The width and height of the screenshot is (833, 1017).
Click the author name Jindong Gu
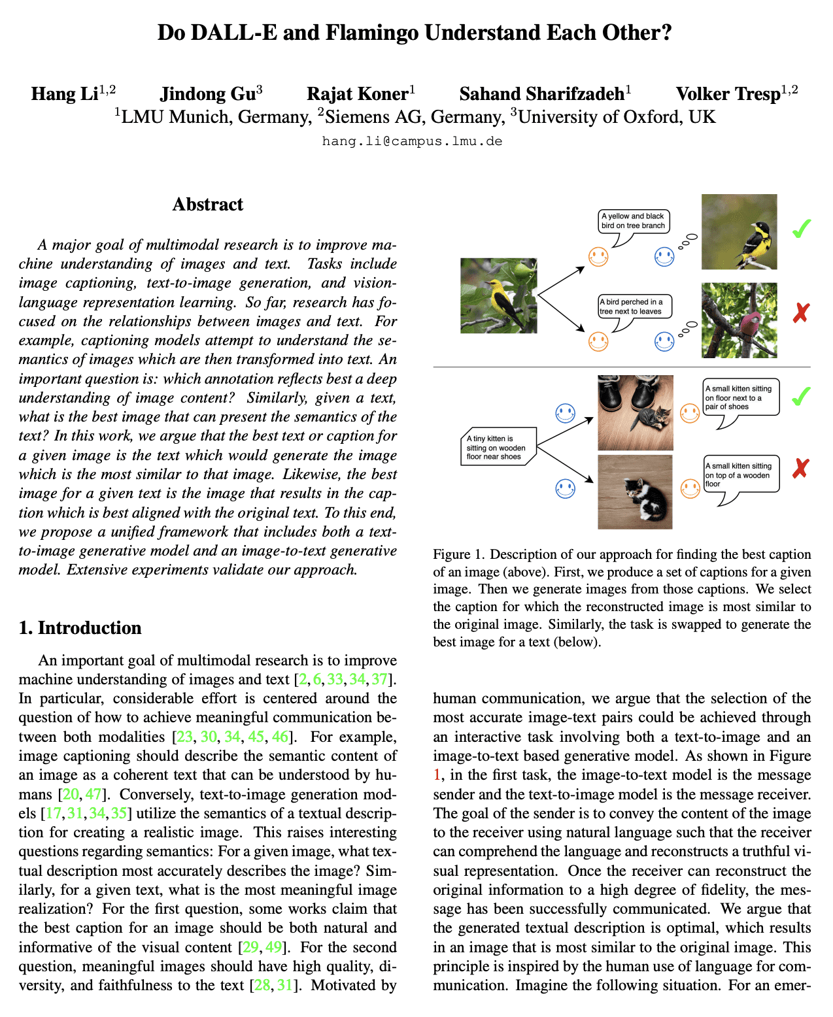pyautogui.click(x=207, y=94)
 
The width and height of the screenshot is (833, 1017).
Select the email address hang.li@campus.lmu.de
pyautogui.click(x=412, y=141)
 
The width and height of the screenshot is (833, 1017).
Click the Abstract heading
pyautogui.click(x=207, y=205)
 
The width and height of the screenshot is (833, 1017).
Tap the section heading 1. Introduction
pyautogui.click(x=80, y=627)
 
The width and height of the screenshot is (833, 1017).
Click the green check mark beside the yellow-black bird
pyautogui.click(x=801, y=229)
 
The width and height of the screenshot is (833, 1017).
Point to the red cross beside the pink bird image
pyautogui.click(x=801, y=314)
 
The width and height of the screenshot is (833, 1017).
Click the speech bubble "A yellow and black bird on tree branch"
pyautogui.click(x=633, y=221)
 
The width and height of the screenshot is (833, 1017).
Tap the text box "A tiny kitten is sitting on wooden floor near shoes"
pyautogui.click(x=496, y=447)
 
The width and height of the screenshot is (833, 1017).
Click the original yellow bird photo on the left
pyautogui.click(x=499, y=295)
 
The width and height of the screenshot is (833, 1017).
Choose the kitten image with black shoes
pyautogui.click(x=636, y=412)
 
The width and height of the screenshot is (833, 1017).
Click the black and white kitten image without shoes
pyautogui.click(x=636, y=492)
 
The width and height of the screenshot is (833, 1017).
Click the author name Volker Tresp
pyautogui.click(x=728, y=94)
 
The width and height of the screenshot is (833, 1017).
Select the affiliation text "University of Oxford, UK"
pyautogui.click(x=617, y=117)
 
